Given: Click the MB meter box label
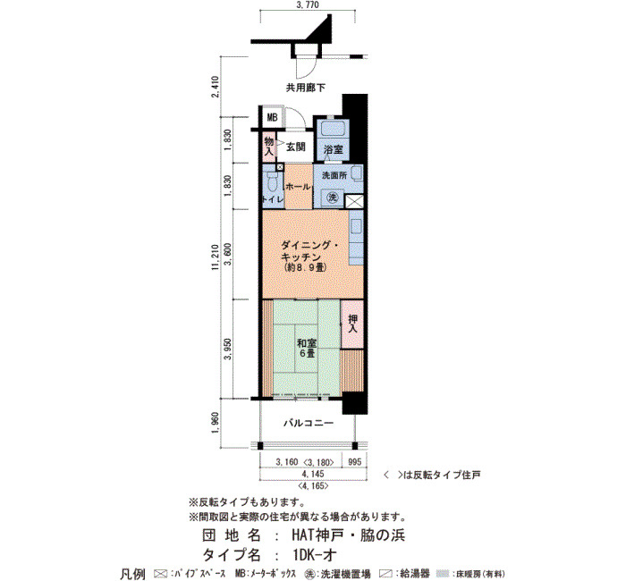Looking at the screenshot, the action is (x=272, y=118).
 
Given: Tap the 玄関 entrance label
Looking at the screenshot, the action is (x=295, y=147).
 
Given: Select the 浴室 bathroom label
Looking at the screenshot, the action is (x=333, y=149).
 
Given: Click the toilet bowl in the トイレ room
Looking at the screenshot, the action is (x=273, y=184).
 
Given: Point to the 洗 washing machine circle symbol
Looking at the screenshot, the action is (x=332, y=197).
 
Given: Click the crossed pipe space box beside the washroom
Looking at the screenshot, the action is (x=354, y=201).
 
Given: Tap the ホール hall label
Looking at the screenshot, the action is (x=298, y=186).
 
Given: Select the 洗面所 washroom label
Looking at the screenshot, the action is (x=334, y=175).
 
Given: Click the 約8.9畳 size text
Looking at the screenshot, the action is (x=303, y=267).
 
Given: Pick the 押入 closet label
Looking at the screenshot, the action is (x=352, y=324).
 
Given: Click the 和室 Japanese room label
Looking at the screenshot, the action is (x=306, y=342).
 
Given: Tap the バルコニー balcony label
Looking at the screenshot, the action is (x=309, y=423).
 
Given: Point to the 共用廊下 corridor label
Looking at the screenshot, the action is (x=305, y=88).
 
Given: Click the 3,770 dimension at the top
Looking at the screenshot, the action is (x=308, y=4).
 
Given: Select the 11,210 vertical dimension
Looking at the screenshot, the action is (x=216, y=257).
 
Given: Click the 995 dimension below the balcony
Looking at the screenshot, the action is (x=354, y=462).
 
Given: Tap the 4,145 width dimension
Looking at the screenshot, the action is (x=313, y=474).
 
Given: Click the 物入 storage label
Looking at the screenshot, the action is (x=268, y=146).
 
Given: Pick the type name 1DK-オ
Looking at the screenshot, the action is (x=314, y=555).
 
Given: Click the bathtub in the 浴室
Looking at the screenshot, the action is (x=333, y=129).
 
